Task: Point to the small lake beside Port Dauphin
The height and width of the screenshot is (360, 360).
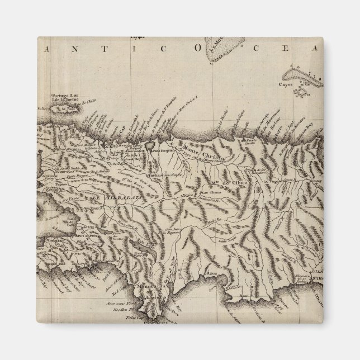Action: point(150,144)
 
